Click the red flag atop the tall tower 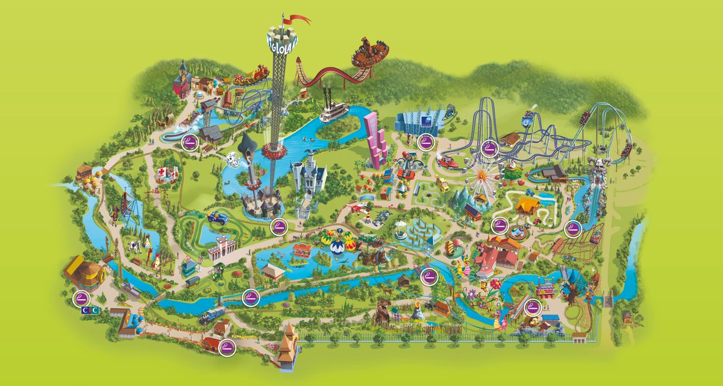coord(300,20)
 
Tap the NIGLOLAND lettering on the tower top coord(281,42)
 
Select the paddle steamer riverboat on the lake coord(333,109)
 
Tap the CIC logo coord(89,310)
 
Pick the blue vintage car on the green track coord(217,218)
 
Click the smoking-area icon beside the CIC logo coord(80,297)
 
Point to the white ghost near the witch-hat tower coord(231,159)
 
